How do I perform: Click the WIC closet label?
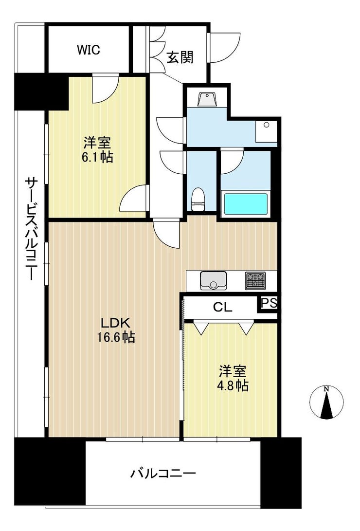pyautogui.click(x=89, y=50)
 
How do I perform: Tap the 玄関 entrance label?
pyautogui.click(x=180, y=57)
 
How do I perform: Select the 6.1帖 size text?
pyautogui.click(x=98, y=158)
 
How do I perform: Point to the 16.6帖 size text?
pyautogui.click(x=116, y=338)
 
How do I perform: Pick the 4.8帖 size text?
pyautogui.click(x=233, y=386)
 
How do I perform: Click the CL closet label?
pyautogui.click(x=223, y=308)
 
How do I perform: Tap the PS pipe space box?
pyautogui.click(x=269, y=303)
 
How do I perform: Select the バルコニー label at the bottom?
pyautogui.click(x=163, y=473)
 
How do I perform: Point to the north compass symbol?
pyautogui.click(x=326, y=403)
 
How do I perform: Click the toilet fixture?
pyautogui.click(x=197, y=200)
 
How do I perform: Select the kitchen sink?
pyautogui.click(x=213, y=280)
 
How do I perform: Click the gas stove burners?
pyautogui.click(x=255, y=281)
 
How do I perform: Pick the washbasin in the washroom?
pyautogui.click(x=207, y=100)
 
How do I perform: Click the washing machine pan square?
pyautogui.click(x=266, y=131)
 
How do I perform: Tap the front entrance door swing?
pyautogui.click(x=225, y=47)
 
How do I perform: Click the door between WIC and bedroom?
pyautogui.click(x=105, y=89)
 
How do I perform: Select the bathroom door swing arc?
pyautogui.click(x=232, y=162)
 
